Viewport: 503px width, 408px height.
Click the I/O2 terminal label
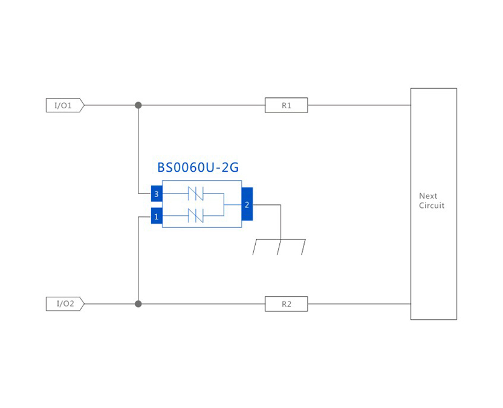click(x=64, y=303)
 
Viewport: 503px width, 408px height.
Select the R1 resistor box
click(x=286, y=105)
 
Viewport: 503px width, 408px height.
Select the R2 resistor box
click(x=286, y=303)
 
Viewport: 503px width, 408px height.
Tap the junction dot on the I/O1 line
click(x=138, y=105)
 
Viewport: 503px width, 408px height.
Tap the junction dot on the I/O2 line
click(x=138, y=303)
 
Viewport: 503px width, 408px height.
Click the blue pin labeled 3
click(x=157, y=194)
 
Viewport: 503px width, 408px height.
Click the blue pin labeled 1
click(x=157, y=216)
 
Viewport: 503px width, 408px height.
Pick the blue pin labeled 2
click(x=247, y=205)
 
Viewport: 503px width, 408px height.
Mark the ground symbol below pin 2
click(x=279, y=247)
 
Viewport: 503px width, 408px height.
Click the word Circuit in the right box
click(x=432, y=206)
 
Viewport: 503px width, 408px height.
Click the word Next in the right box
click(x=428, y=196)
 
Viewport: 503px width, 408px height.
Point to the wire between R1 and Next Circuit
click(x=359, y=105)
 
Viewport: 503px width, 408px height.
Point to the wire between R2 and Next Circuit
click(x=359, y=303)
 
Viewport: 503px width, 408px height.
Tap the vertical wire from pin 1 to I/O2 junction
click(x=138, y=260)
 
